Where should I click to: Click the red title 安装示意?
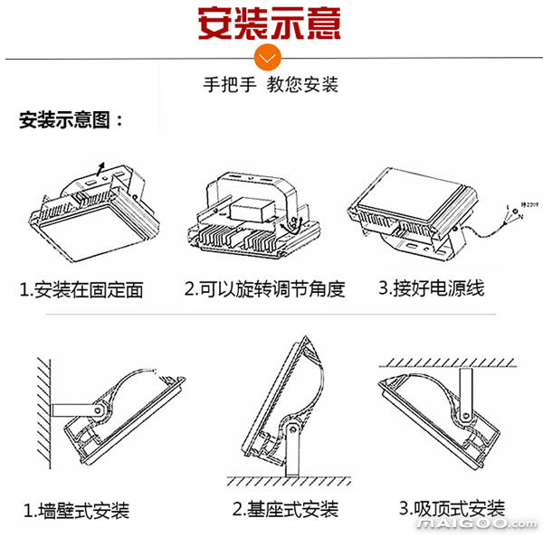(270, 23)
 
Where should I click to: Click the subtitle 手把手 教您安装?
(270, 86)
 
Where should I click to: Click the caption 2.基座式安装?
(285, 509)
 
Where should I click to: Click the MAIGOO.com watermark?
(490, 525)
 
